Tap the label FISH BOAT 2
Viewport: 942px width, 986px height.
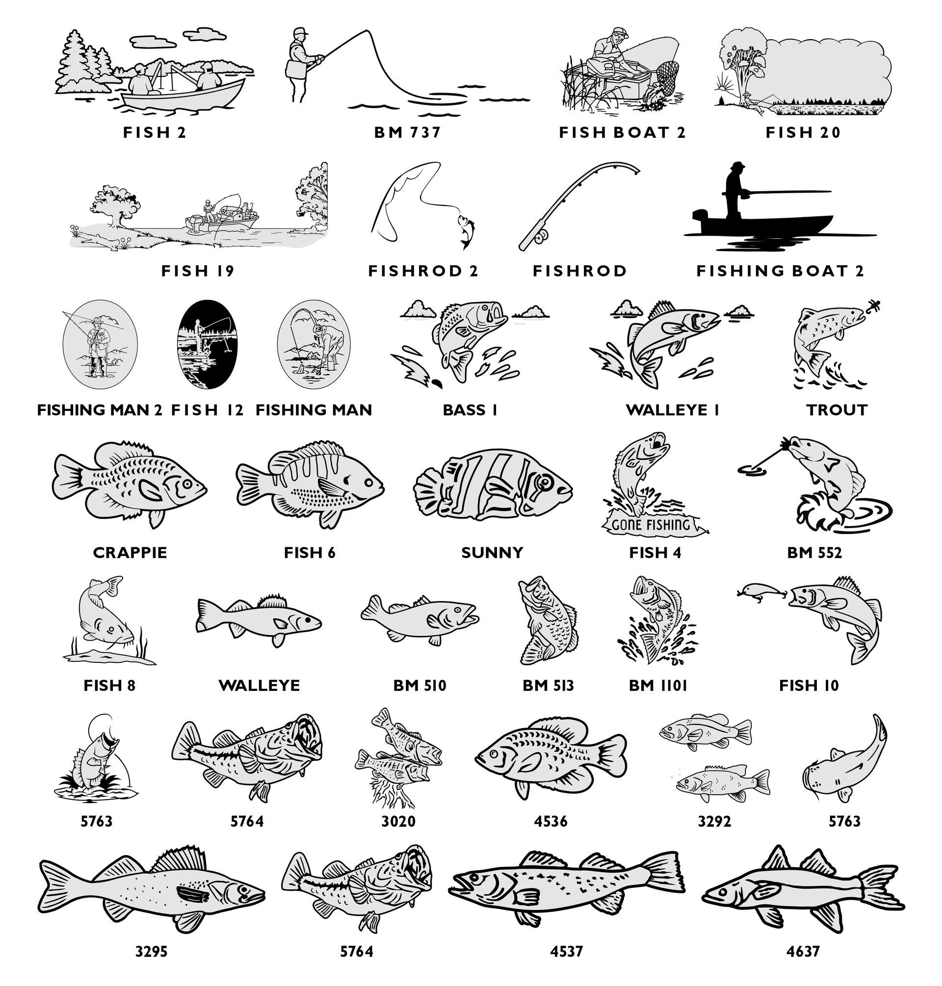(x=622, y=132)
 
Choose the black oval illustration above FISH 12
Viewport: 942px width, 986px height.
(x=207, y=344)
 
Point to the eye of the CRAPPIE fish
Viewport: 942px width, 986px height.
(x=186, y=485)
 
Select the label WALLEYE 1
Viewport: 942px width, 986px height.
(x=672, y=410)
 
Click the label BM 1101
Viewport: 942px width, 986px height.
(x=657, y=685)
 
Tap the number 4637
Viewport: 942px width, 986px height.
(x=804, y=950)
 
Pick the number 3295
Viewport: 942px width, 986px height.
(x=151, y=950)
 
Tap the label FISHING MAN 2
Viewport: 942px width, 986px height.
(x=100, y=410)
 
